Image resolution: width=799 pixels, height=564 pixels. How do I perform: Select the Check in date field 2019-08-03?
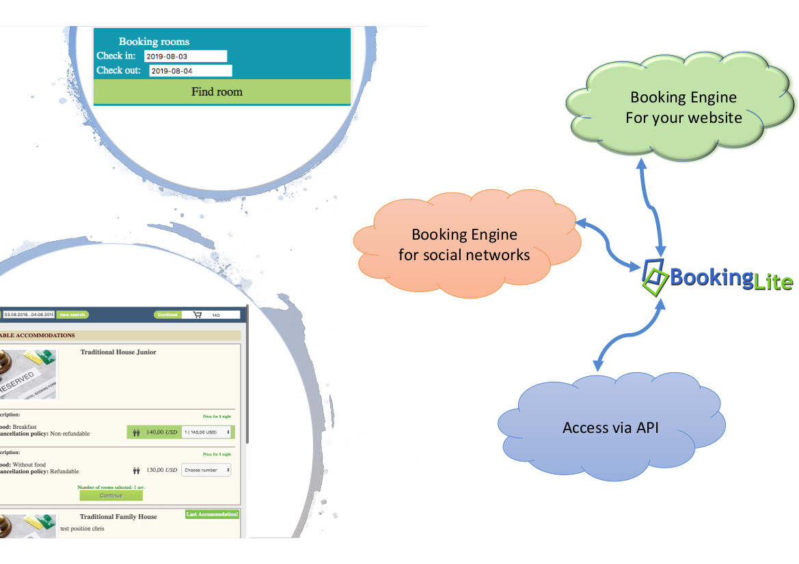click(x=185, y=56)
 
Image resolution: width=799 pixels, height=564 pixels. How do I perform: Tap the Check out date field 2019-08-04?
click(x=191, y=70)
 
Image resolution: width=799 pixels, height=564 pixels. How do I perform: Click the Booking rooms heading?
click(x=154, y=42)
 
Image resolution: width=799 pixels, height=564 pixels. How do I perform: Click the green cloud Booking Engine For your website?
click(x=683, y=107)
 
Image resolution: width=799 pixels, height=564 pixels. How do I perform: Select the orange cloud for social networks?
click(x=464, y=244)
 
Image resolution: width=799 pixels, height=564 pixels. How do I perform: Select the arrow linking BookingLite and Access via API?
click(x=629, y=335)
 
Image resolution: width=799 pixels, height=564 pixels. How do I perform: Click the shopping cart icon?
click(x=198, y=315)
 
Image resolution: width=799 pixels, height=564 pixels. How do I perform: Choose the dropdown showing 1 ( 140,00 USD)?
click(x=206, y=432)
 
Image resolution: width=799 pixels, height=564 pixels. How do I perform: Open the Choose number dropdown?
click(x=206, y=470)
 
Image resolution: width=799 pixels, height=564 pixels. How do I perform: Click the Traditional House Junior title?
click(x=118, y=352)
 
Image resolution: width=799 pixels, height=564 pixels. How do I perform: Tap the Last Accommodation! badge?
click(x=212, y=514)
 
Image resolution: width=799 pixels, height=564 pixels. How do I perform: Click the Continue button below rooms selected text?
click(x=111, y=496)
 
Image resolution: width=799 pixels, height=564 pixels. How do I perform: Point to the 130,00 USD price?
click(x=161, y=470)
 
